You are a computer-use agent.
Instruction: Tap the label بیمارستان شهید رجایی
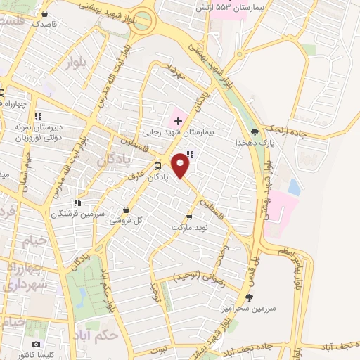[x=176, y=131]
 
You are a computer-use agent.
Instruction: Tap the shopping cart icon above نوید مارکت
[x=188, y=217]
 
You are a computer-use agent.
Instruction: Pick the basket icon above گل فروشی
[x=126, y=210]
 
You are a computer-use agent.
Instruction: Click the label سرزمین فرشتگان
[x=77, y=212]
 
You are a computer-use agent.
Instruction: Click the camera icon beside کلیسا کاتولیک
[x=35, y=345]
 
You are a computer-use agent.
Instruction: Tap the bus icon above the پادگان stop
[x=157, y=167]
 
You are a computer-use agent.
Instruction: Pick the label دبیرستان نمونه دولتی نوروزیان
[x=39, y=132]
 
